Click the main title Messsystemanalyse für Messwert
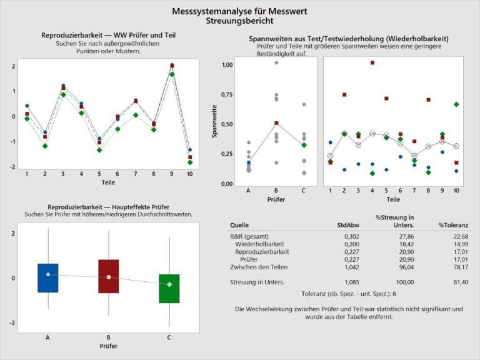point(239,11)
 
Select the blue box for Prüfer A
point(48,277)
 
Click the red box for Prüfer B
point(109,276)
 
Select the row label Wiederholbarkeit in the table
point(259,244)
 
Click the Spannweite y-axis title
point(214,124)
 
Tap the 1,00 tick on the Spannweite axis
point(227,65)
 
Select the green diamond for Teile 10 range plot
point(456,104)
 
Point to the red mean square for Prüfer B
point(276,123)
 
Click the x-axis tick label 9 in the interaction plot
point(171,173)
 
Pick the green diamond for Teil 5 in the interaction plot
point(99,150)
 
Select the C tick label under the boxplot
point(169,337)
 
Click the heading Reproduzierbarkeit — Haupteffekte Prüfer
point(108,207)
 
